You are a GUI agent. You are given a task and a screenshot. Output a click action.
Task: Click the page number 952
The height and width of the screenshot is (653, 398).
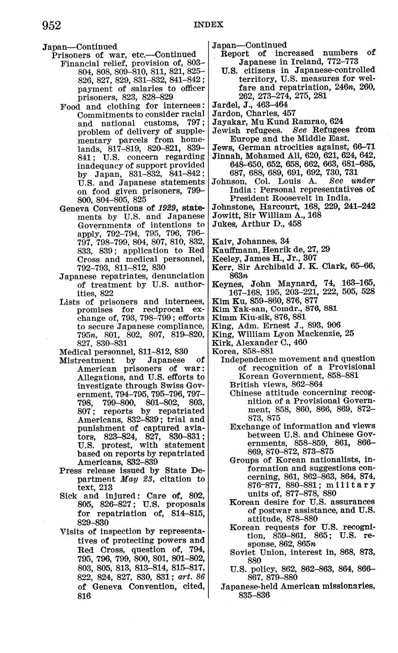pos(52,26)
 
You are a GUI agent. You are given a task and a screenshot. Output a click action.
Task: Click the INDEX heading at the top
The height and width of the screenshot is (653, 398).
pos(208,25)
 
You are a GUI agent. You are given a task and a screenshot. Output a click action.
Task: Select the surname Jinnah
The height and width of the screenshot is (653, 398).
pos(226,155)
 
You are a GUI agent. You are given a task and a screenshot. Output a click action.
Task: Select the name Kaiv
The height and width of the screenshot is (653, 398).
pos(221,241)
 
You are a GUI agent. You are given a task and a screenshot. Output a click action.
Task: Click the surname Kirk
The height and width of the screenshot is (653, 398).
pos(221,342)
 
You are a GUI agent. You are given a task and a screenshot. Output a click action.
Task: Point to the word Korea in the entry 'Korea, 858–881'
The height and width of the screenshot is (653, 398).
pos(222,351)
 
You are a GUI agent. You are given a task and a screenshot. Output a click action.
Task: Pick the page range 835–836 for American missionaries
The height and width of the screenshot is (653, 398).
pos(255,595)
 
